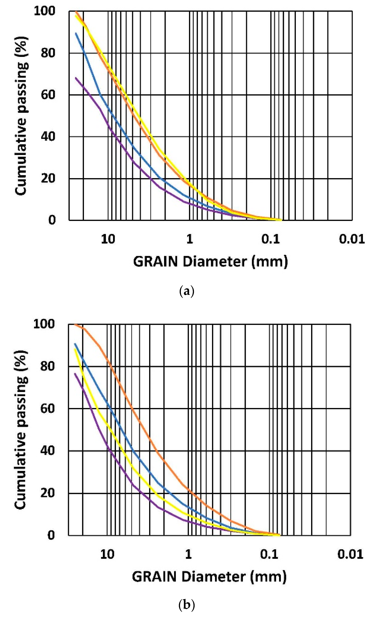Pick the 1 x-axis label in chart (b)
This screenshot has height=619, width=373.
[x=188, y=554]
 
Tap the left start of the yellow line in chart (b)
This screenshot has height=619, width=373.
[x=75, y=349]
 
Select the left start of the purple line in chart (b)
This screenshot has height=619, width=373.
[x=75, y=374]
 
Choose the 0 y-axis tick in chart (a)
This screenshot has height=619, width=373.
[x=51, y=220]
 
